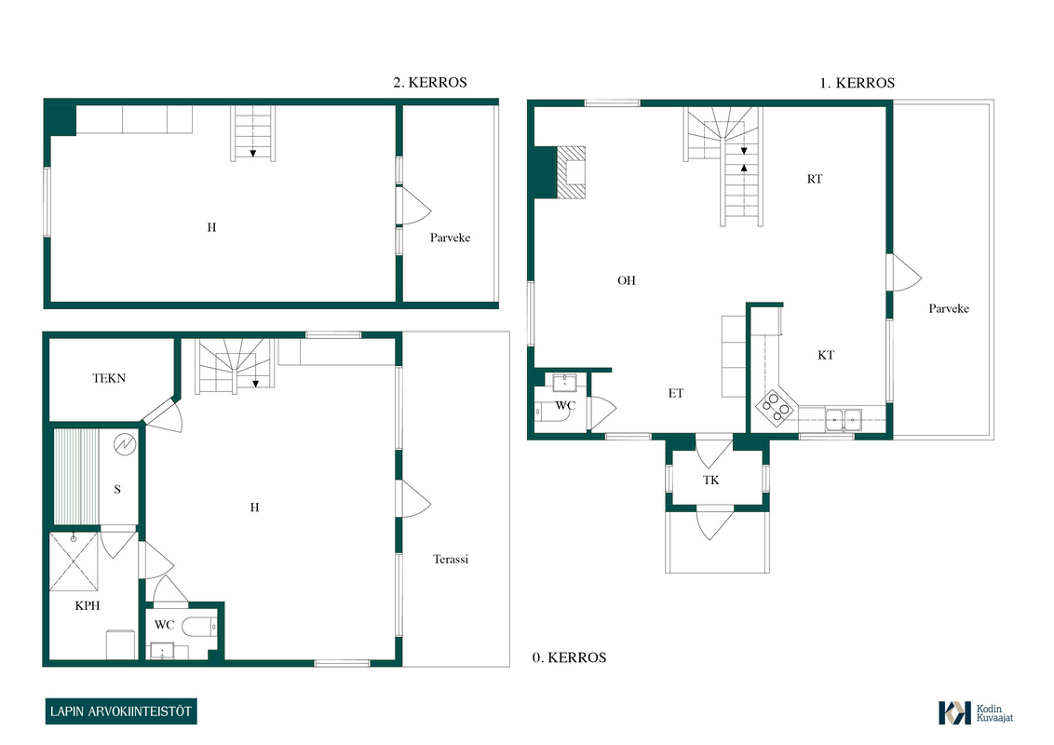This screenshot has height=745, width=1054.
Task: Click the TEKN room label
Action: click(109, 378)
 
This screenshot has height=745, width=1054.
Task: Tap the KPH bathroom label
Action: click(88, 606)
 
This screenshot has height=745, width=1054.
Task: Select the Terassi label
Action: click(451, 559)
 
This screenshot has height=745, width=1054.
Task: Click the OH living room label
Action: click(627, 280)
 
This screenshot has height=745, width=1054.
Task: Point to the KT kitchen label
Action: click(826, 355)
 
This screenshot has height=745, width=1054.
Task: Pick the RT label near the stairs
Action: click(815, 179)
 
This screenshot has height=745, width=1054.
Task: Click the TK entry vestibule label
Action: click(711, 481)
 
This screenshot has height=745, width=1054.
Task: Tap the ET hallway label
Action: click(676, 393)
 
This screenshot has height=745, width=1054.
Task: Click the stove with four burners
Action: click(777, 408)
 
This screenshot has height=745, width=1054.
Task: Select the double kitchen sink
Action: click(844, 420)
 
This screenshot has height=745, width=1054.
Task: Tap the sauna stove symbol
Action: click(125, 444)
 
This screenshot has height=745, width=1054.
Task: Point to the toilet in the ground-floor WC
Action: click(200, 626)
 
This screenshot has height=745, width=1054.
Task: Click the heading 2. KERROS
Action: click(430, 82)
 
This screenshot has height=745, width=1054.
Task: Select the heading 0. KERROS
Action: click(569, 657)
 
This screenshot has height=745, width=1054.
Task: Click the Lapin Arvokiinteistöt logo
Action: click(121, 711)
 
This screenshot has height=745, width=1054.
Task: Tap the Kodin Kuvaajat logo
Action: click(976, 712)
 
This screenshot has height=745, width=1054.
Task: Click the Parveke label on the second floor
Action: click(451, 237)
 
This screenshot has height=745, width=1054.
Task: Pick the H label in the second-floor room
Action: click(211, 227)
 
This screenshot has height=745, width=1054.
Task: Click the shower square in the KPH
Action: click(74, 562)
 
